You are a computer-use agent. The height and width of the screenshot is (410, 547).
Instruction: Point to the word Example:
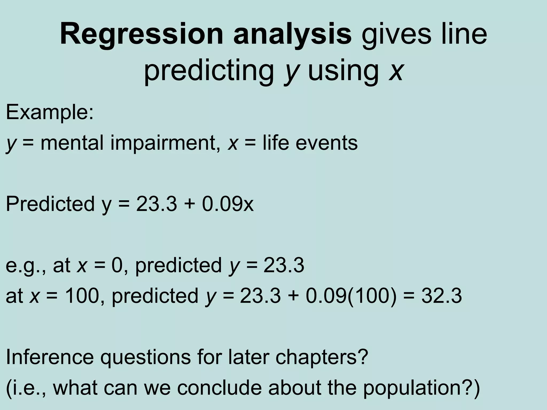[50, 112]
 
